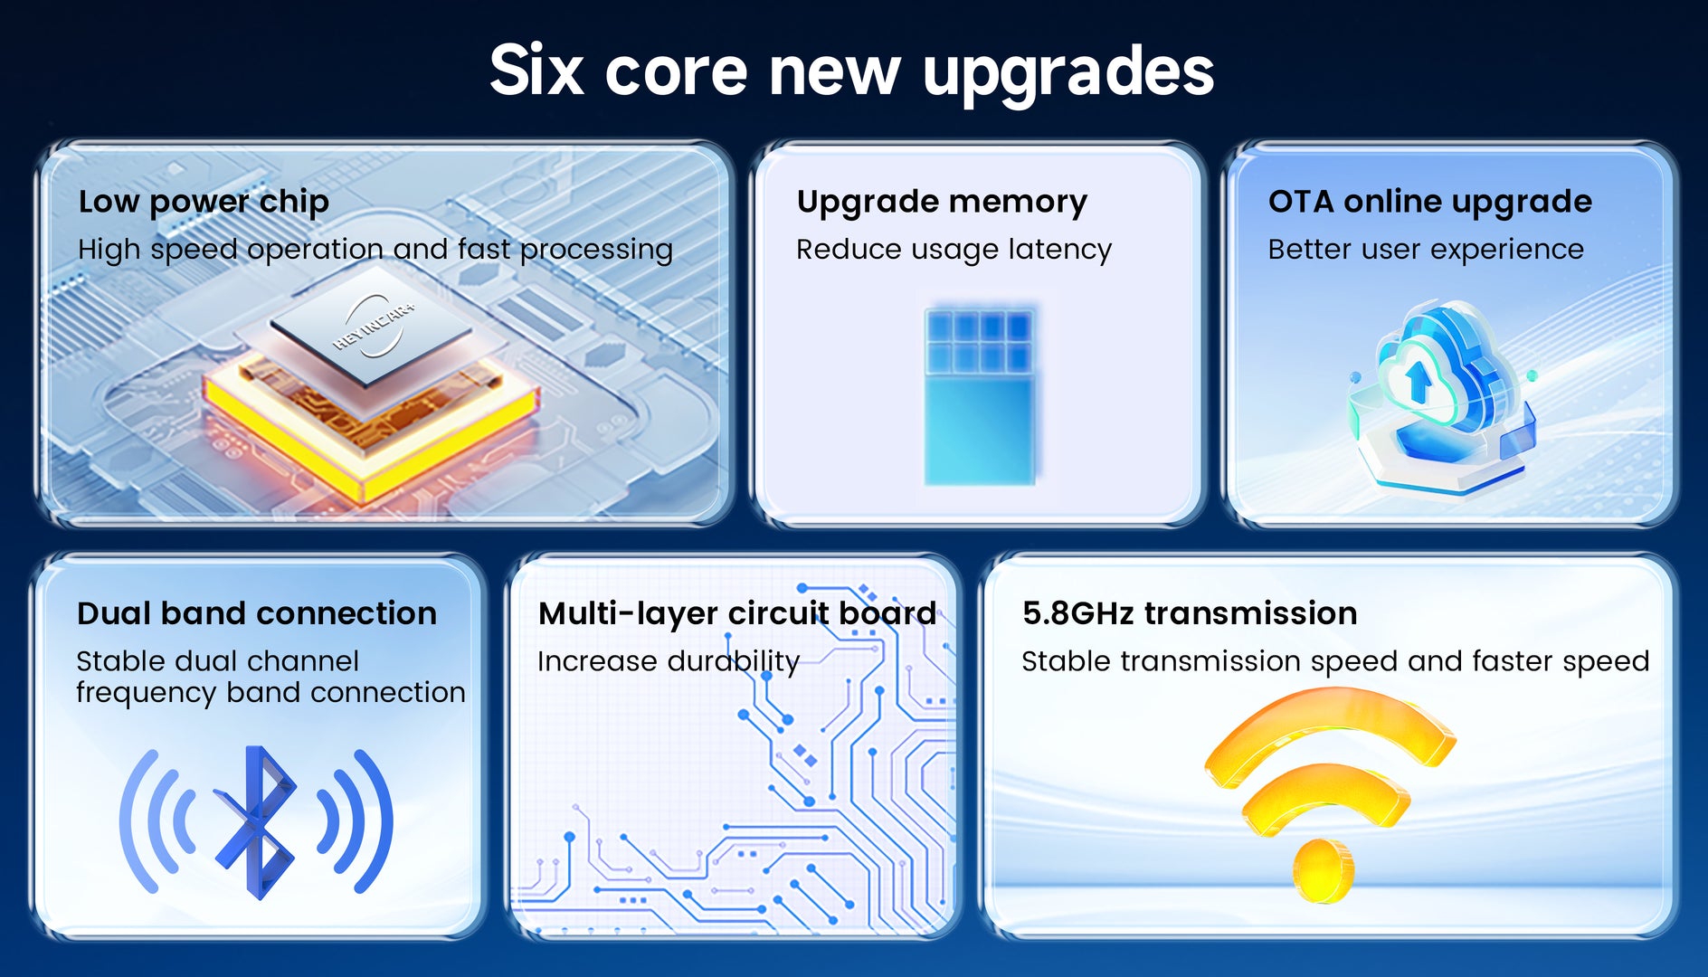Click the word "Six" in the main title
tap(536, 70)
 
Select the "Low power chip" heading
tap(204, 202)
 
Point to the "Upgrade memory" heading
tap(942, 202)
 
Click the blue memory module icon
tap(981, 395)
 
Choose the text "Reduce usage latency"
tap(954, 250)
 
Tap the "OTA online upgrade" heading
tap(1429, 202)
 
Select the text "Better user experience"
tap(1426, 249)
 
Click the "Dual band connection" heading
tap(257, 613)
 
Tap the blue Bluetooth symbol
tap(256, 821)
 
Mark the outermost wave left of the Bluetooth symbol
tap(138, 821)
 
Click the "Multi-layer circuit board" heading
tap(737, 614)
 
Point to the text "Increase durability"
tap(669, 661)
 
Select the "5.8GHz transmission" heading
tap(1190, 613)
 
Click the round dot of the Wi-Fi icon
tap(1324, 870)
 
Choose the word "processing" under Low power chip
tap(596, 251)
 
